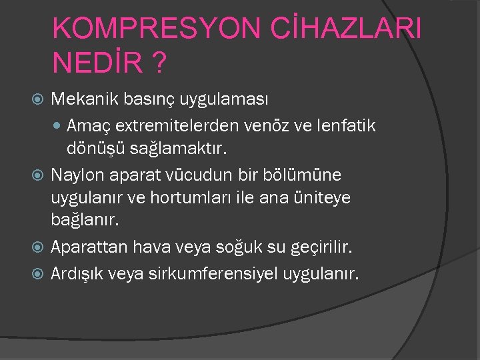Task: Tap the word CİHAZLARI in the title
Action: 340,28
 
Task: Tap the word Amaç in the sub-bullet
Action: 85,125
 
